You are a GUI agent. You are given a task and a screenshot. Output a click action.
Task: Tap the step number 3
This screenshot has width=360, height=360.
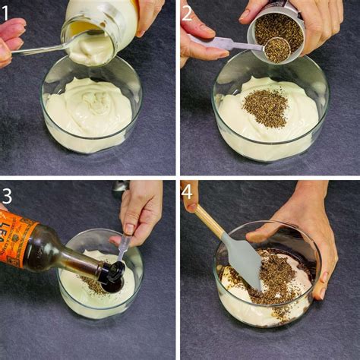8,194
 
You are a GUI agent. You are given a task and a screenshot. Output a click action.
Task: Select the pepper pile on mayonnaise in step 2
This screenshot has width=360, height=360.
265,107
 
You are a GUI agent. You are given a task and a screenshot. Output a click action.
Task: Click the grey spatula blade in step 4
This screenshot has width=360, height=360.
242,260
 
